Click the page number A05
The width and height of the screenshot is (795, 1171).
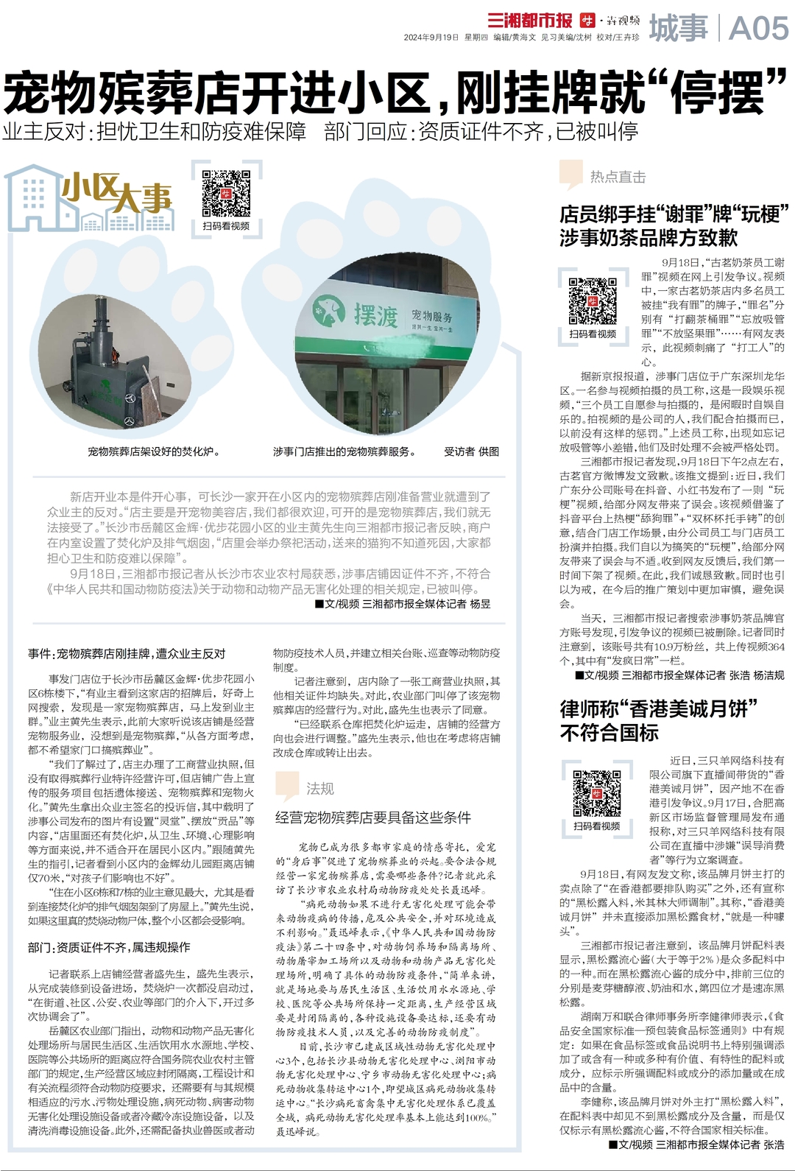758,29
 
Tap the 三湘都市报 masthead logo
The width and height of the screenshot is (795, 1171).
530,20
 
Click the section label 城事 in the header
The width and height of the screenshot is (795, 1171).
678,29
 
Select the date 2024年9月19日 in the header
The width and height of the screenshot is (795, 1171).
431,37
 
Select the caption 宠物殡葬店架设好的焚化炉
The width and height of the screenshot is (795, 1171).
154,451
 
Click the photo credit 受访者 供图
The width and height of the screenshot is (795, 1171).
471,451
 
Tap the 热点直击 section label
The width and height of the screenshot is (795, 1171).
618,177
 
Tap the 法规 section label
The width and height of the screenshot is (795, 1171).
319,789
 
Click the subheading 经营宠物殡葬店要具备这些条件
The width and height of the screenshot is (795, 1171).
372,817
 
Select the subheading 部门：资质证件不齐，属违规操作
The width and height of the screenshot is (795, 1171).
109,947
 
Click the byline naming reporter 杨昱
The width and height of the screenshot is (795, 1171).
403,604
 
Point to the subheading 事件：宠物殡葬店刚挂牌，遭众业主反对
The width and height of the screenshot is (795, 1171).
127,653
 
